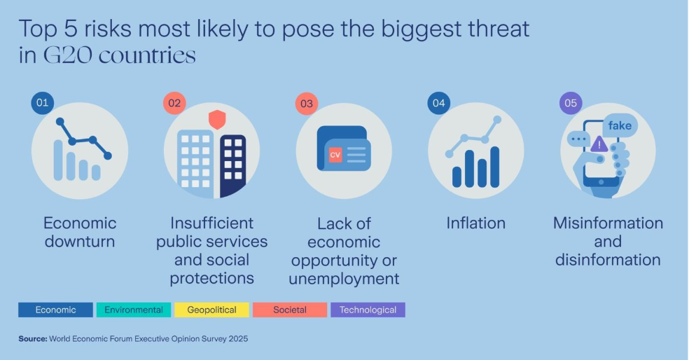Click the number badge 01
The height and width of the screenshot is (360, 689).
42,103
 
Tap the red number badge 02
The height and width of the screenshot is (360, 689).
174,103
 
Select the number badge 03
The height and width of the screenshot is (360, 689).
307,104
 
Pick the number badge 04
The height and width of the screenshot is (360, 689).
439,103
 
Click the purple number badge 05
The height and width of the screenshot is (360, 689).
571,103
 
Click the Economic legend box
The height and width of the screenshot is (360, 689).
55,310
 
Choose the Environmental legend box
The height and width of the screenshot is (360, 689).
134,310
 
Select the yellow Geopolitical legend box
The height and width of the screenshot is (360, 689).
211,310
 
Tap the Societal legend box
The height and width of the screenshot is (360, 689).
290,310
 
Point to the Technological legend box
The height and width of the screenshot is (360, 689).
368,310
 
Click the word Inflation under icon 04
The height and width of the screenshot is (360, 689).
476,223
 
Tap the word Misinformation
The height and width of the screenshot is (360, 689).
608,223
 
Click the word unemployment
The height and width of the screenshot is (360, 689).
344,279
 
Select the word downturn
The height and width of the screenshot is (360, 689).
80,242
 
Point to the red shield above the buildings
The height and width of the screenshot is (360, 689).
217,120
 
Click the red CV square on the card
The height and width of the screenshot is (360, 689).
335,155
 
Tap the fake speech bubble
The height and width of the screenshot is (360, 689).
620,126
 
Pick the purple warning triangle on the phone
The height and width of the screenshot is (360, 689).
599,144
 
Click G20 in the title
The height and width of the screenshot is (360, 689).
69,55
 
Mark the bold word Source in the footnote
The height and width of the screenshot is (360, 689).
32,339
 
